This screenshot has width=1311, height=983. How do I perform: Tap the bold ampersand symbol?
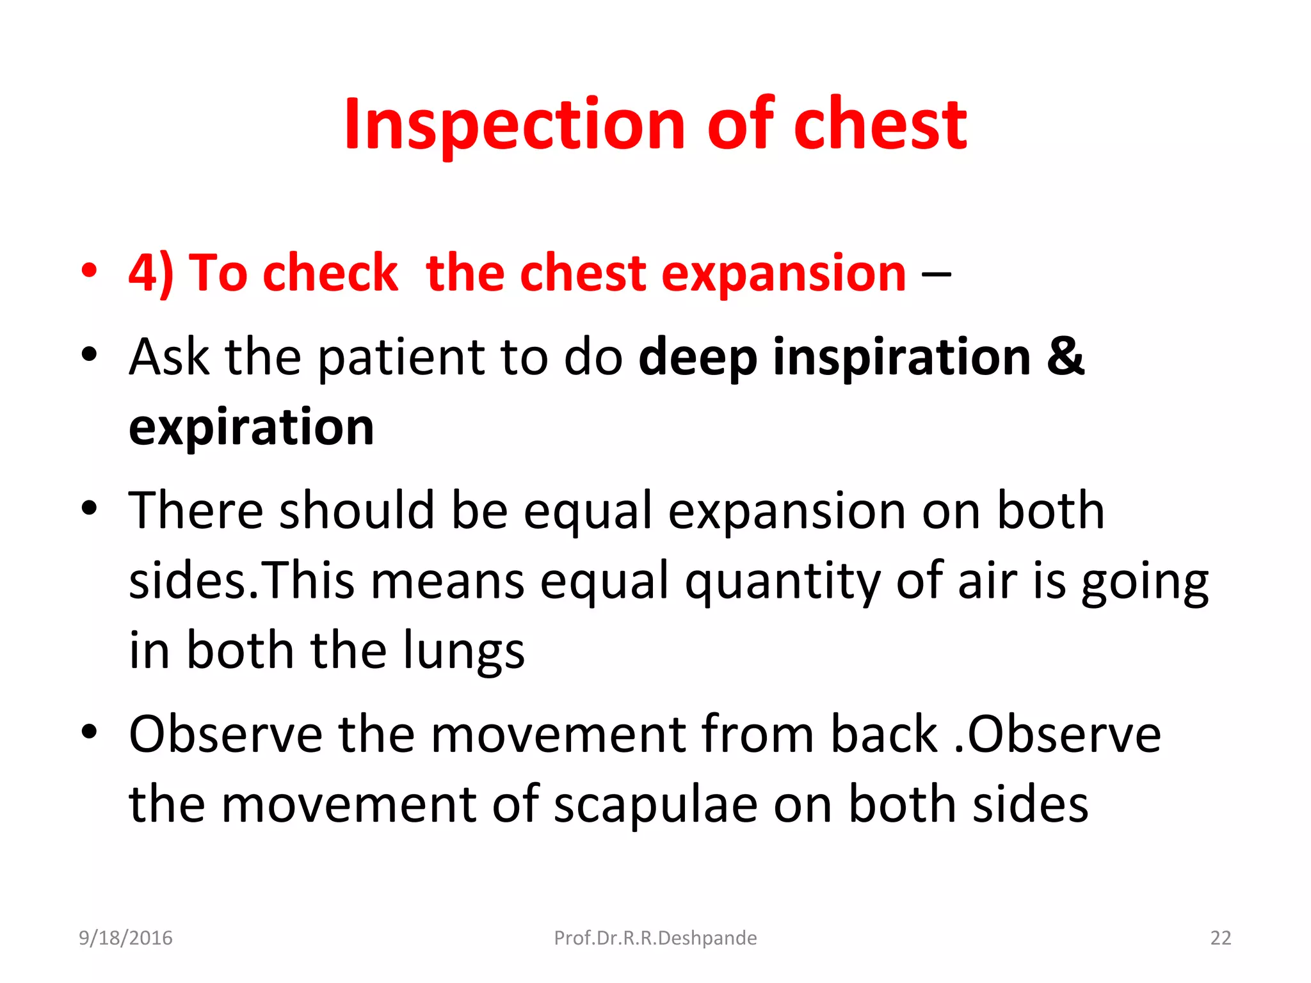coord(1066,356)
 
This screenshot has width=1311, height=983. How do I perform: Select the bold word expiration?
coord(251,428)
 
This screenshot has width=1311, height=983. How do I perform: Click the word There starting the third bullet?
coord(196,510)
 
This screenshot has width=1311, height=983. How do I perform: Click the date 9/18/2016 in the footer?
coord(125,938)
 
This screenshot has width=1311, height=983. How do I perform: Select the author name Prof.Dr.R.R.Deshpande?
coord(655,938)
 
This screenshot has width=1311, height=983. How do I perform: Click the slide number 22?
coord(1220,938)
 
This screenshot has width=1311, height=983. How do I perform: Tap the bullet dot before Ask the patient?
coord(90,354)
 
